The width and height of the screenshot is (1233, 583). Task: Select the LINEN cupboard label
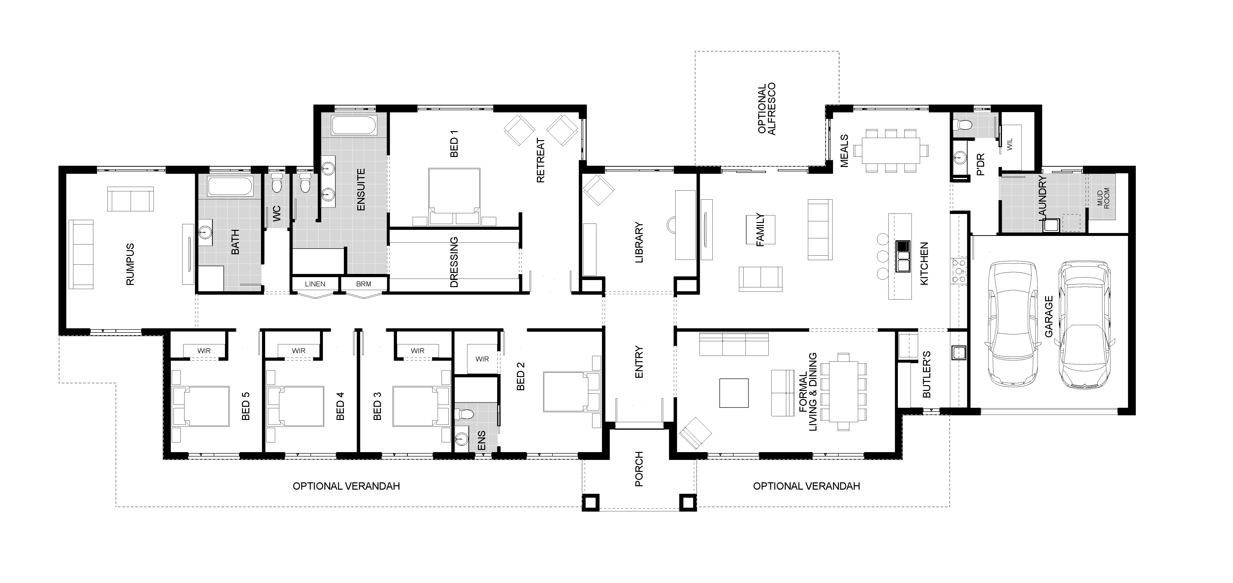click(315, 284)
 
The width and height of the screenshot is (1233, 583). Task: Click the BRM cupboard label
click(364, 284)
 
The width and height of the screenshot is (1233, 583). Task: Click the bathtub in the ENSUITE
click(354, 125)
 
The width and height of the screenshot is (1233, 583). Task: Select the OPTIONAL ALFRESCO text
click(766, 109)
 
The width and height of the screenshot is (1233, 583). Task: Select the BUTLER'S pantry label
click(926, 374)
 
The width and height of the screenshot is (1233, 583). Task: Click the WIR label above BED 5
click(204, 351)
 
